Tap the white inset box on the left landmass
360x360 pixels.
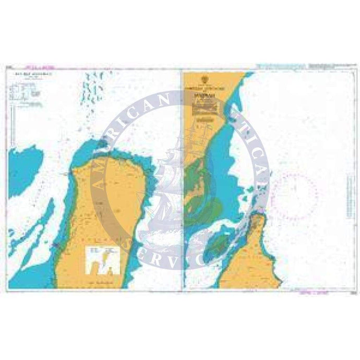click(x=104, y=259)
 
